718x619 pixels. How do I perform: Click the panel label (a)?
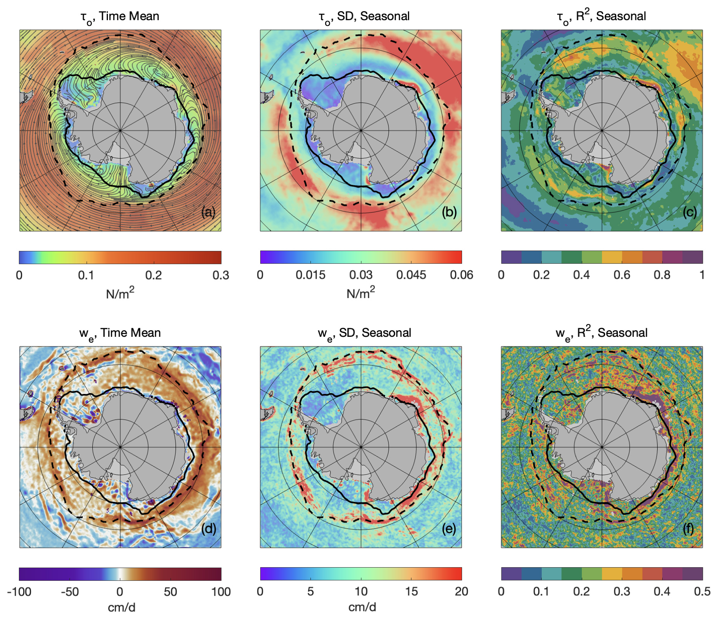[x=208, y=212]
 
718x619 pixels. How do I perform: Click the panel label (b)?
[x=449, y=212]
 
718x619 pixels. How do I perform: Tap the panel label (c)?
[x=689, y=212]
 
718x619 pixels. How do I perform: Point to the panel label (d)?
[x=208, y=529]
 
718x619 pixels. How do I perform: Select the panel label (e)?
[x=449, y=529]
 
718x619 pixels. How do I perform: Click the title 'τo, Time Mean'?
[x=120, y=17]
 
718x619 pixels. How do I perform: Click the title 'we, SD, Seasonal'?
[x=364, y=333]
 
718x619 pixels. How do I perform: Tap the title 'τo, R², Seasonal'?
[x=601, y=17]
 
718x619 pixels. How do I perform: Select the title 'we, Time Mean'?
[x=120, y=333]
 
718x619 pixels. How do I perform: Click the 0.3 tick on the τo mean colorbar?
[x=221, y=275]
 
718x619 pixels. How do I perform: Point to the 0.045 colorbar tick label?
[x=411, y=275]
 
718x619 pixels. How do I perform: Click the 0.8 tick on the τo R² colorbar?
[x=662, y=275]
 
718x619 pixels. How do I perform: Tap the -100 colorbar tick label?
[x=19, y=592]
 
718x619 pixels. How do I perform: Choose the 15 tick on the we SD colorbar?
[x=411, y=592]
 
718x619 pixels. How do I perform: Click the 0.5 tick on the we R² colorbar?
[x=702, y=592]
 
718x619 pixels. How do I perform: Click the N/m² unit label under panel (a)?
[x=120, y=293]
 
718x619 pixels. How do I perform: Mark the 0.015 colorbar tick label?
[x=310, y=275]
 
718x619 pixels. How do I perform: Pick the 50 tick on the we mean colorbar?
[x=170, y=592]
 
